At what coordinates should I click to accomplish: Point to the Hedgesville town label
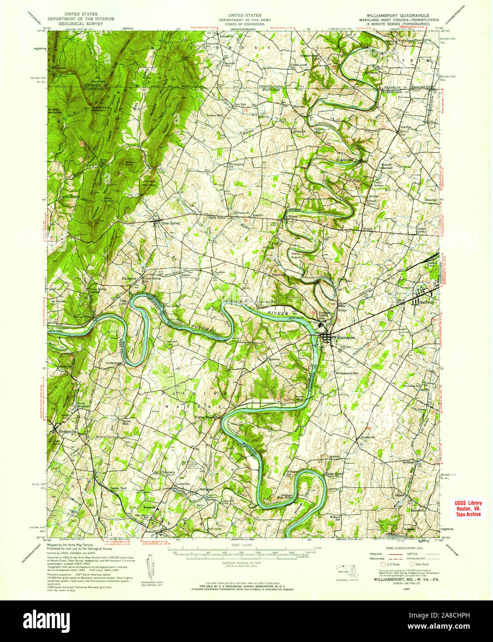click(x=67, y=431)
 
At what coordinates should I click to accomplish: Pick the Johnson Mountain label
click(x=144, y=183)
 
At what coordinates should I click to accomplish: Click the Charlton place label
click(x=219, y=272)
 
